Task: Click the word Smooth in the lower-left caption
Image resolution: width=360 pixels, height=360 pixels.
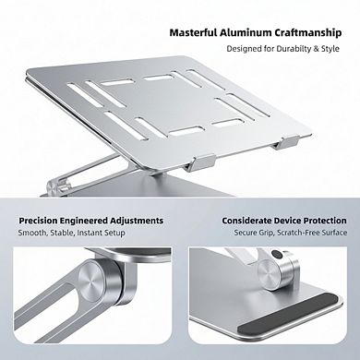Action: click(34, 234)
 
